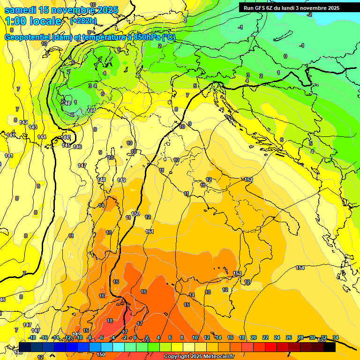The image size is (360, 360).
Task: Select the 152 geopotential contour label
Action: pos(248,180)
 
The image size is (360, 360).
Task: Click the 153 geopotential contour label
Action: pos(237,273)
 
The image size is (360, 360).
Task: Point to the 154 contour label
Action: pos(300,268)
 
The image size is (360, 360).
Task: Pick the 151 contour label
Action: pos(150,232)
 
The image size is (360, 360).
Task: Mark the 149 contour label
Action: pos(121,180)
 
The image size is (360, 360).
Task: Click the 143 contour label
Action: pos(33,127)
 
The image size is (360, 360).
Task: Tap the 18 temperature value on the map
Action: pos(110,321)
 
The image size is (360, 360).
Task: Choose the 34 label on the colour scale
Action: pos(335,337)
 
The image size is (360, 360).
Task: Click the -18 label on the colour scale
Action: pos(32,337)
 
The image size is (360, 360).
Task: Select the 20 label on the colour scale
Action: pos(254,337)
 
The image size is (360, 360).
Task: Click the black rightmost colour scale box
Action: pos(330,347)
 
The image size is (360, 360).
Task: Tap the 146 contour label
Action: pos(77,147)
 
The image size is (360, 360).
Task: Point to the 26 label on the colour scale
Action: pos(289,337)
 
